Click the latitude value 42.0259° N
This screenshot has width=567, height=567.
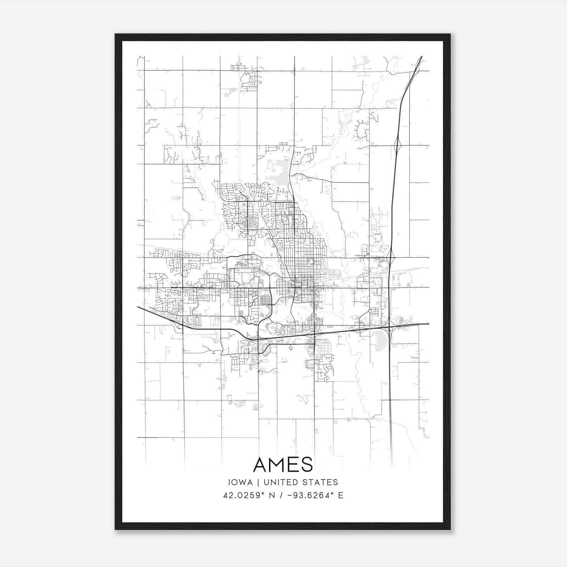point(249,495)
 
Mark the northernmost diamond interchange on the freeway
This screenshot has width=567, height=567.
point(397,145)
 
